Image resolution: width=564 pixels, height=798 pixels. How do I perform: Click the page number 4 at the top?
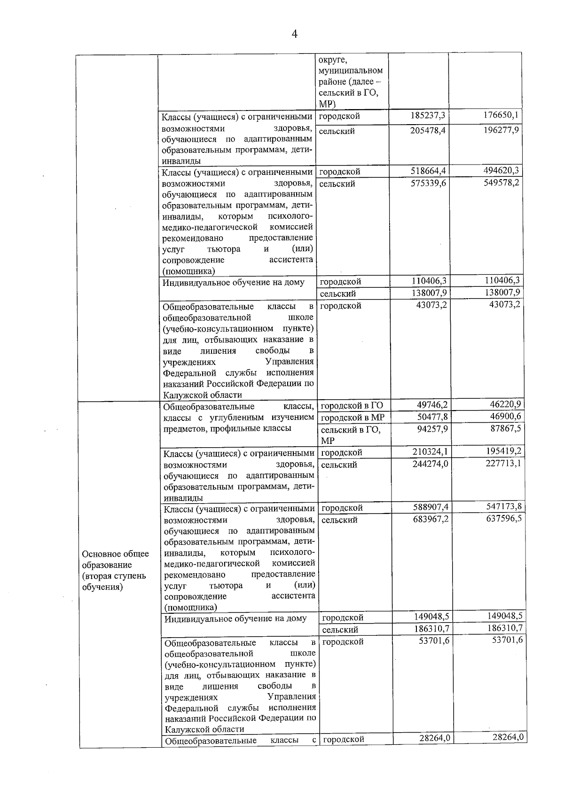295,34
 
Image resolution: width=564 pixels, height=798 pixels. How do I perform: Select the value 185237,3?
427,115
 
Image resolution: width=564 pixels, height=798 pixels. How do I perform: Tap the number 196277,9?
501,129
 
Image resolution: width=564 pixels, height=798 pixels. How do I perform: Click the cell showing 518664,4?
427,170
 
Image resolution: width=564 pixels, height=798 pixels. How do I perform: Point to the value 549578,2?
501,182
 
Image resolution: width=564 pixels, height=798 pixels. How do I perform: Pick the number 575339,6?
427,183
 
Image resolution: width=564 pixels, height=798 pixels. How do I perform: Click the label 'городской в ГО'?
352,405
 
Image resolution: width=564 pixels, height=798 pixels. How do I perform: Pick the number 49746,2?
432,404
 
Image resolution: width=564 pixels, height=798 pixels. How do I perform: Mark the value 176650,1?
501,115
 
